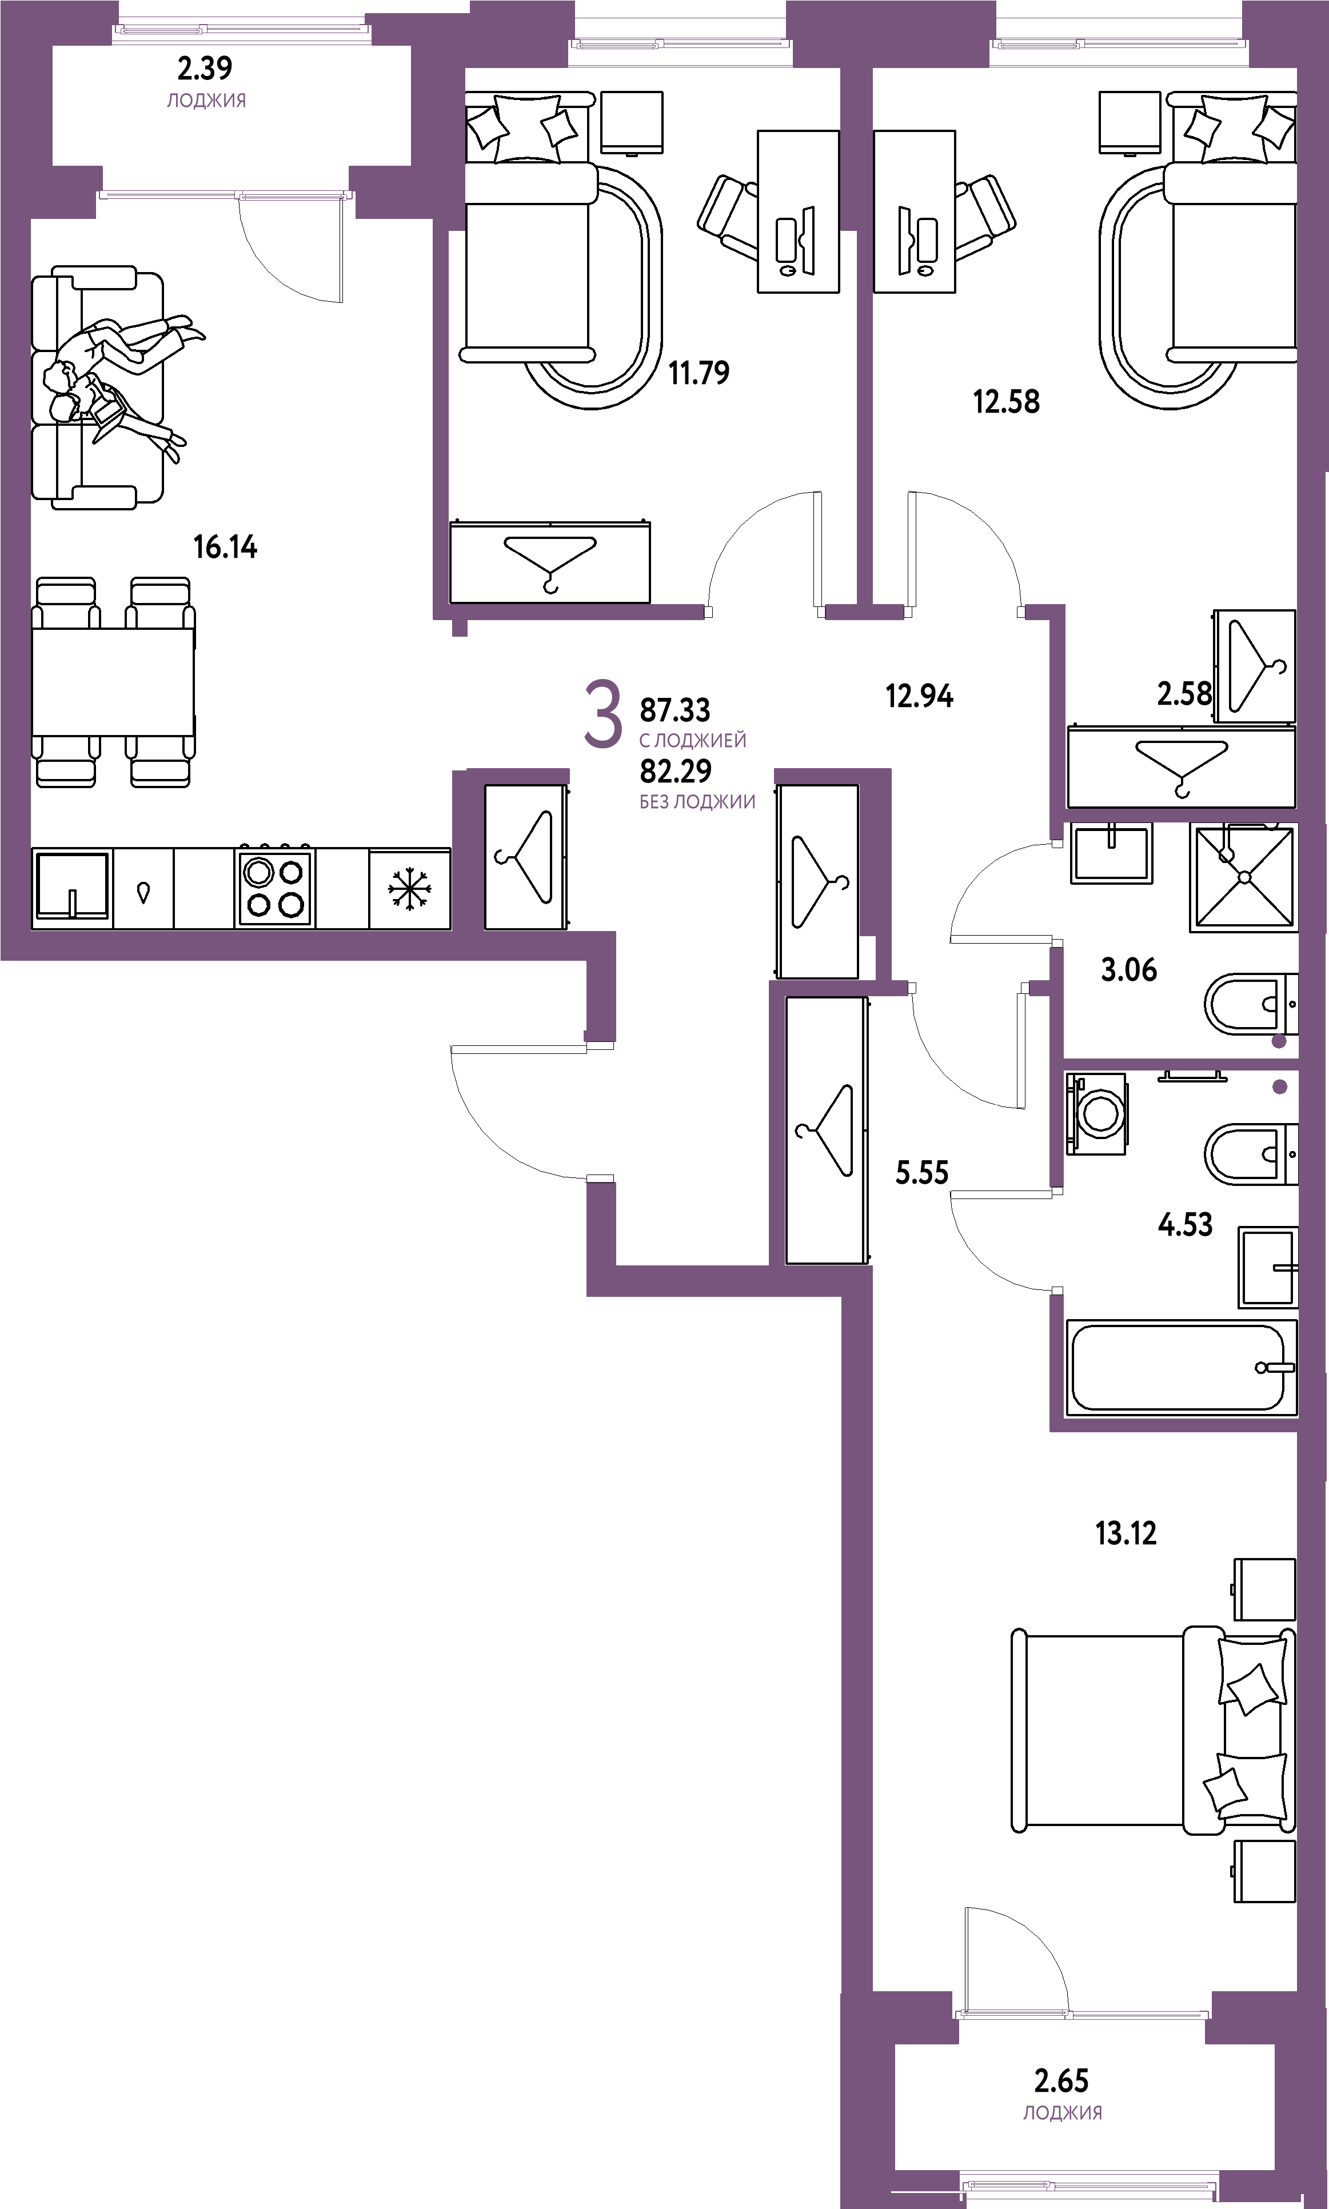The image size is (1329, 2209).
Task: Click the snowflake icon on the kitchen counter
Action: (409, 889)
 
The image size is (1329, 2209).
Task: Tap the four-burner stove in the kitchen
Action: (274, 888)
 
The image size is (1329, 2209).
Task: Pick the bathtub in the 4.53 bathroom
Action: (1180, 1367)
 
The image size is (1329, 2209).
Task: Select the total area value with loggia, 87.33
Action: (675, 710)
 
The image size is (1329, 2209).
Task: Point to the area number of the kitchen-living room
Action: (226, 547)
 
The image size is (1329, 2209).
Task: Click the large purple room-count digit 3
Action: (602, 714)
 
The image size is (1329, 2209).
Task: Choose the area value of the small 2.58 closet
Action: (1184, 694)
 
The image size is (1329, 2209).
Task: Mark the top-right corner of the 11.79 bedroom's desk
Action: (839, 131)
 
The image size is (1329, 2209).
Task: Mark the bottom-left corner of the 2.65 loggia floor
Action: (896, 2170)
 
